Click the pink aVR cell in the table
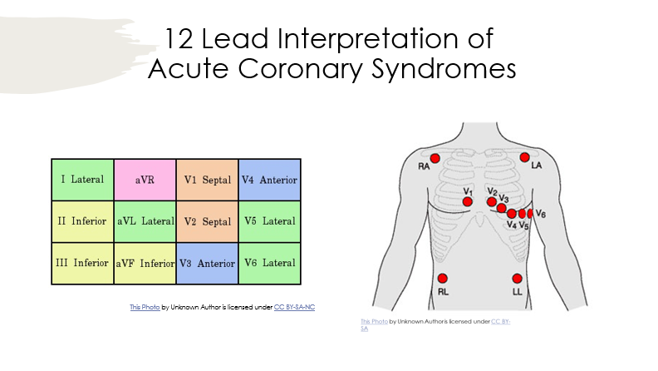coord(145,180)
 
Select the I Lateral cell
coord(83,180)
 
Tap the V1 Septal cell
coord(208,180)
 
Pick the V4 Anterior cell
coord(269,180)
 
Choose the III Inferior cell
coord(83,264)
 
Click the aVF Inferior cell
coord(145,264)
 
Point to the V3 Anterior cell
coord(208,264)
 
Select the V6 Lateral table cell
coord(269,264)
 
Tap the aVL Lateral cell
coord(145,221)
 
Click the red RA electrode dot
coord(435,158)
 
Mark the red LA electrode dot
coord(524,157)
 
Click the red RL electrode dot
coord(443,278)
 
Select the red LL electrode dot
coord(517,278)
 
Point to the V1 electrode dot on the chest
coord(468,202)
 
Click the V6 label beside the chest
coord(541,215)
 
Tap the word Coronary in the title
coord(300,69)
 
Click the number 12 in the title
coord(179,38)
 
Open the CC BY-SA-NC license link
coord(294,307)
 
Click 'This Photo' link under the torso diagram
coord(374,321)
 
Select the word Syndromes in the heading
coord(444,69)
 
